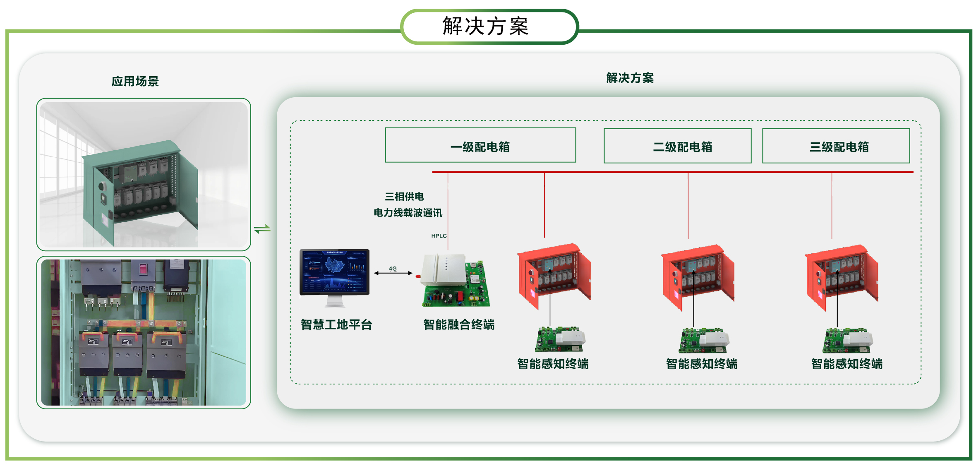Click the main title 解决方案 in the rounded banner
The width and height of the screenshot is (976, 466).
coord(486,26)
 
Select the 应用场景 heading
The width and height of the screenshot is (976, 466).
coord(135,81)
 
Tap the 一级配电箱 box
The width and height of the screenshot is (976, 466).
coord(480,146)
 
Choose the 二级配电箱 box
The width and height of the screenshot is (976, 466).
coord(677,146)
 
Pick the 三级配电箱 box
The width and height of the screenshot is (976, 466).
coord(836,146)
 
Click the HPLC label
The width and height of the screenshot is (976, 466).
coord(439,236)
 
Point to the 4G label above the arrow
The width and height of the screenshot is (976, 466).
coord(393,269)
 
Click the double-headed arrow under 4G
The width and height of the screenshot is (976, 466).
coord(393,273)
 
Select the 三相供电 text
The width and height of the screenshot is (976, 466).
coord(404,197)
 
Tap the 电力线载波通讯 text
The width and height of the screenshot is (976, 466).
coord(408,213)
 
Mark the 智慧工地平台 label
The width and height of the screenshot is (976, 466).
coord(336,324)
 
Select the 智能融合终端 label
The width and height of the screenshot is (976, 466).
coord(458,324)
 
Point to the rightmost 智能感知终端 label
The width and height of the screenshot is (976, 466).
coord(847,364)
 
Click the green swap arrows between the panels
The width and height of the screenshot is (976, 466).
coord(262,229)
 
